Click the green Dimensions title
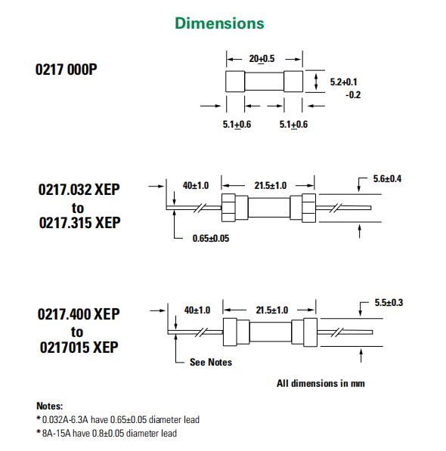[x=219, y=23]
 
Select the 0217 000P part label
[x=67, y=70]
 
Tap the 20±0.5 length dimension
[x=262, y=59]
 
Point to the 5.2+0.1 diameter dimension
[x=343, y=82]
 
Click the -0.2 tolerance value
[x=353, y=95]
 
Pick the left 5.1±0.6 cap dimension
[x=237, y=125]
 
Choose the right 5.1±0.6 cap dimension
[x=293, y=125]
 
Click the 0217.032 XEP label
[x=79, y=190]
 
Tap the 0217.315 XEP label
[x=79, y=223]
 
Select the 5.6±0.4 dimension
[x=387, y=178]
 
